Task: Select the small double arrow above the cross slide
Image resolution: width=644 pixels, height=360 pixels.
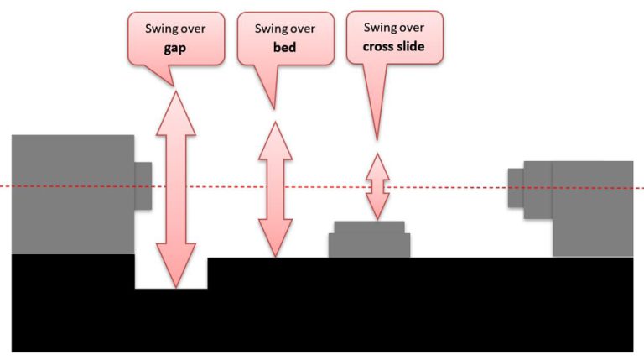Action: tap(377, 186)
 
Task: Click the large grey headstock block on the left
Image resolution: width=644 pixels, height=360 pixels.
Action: tap(72, 193)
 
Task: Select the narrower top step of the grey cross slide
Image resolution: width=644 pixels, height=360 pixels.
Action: tap(369, 227)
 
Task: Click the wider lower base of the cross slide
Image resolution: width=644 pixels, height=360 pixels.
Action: tap(369, 245)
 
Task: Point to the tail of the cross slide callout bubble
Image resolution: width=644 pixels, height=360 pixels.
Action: tap(375, 117)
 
